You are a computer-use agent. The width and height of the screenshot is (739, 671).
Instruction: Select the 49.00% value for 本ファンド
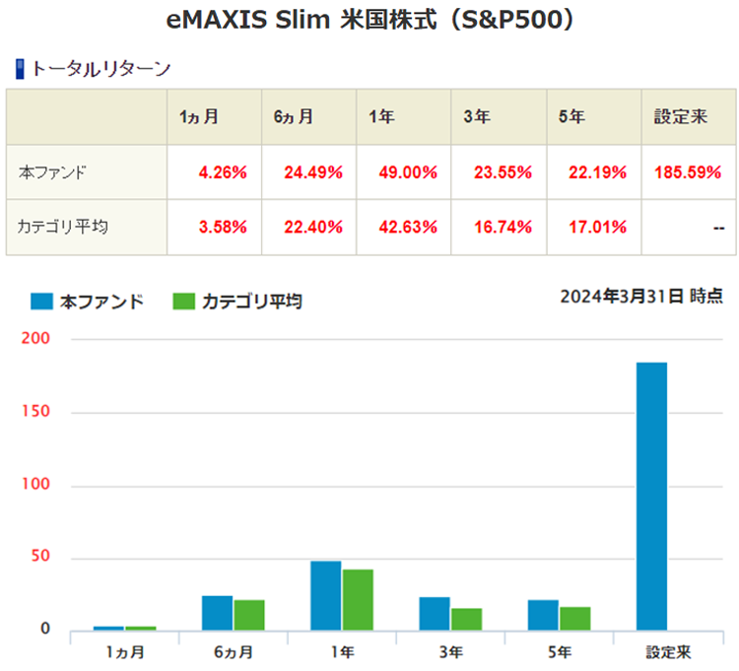click(407, 172)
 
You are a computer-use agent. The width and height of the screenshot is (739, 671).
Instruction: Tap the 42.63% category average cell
click(407, 227)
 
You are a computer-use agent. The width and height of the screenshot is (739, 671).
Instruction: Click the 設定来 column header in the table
click(681, 117)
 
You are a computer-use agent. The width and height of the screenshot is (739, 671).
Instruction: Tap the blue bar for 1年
click(325, 595)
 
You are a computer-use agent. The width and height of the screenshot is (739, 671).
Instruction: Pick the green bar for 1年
click(358, 599)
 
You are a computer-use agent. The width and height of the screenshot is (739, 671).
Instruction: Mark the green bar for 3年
click(466, 619)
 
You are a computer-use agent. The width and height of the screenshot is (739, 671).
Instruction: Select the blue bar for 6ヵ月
click(217, 612)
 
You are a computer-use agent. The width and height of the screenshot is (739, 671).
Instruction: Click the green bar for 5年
click(574, 618)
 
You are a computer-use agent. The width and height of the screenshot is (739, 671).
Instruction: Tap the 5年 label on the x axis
click(558, 652)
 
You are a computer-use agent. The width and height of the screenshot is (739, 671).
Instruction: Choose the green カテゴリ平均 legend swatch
click(185, 301)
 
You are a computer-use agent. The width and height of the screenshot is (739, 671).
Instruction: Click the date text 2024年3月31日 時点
click(640, 297)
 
